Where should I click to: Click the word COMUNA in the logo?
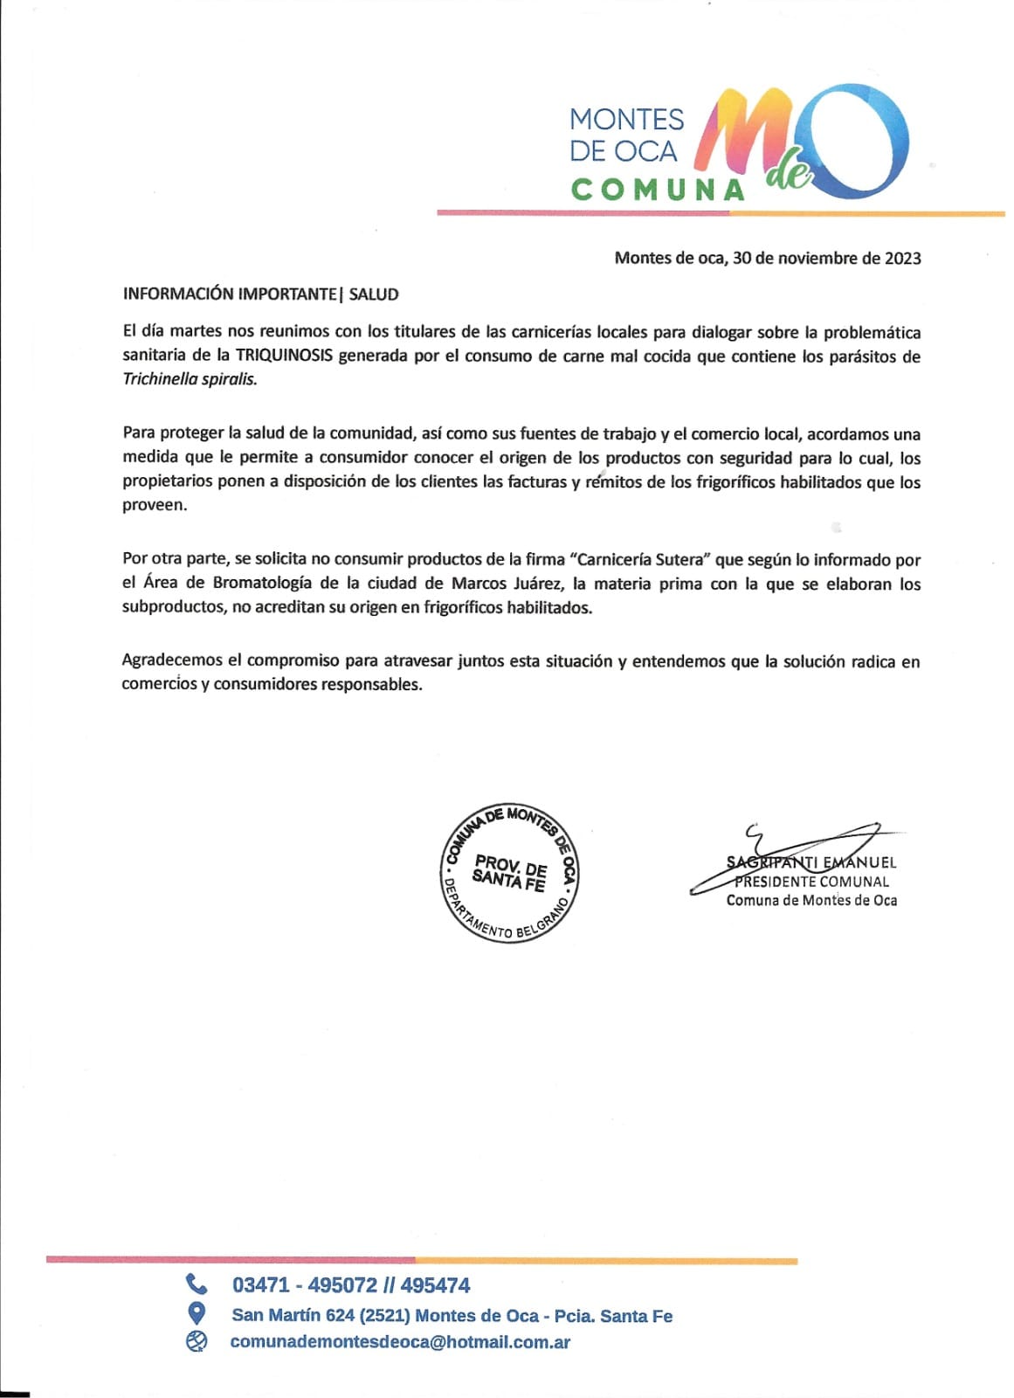coord(658,190)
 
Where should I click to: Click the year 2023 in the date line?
coord(902,258)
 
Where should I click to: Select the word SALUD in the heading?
coord(374,294)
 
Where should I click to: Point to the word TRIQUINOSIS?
coord(284,356)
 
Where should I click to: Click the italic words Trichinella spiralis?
coord(190,379)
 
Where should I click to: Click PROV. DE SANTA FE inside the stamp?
coord(510,873)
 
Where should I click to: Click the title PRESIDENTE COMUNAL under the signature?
coord(812,882)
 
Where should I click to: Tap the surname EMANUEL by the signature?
coord(860,862)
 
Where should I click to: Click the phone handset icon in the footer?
coord(197,1284)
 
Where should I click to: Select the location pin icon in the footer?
coord(197,1313)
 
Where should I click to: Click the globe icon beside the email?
coord(197,1341)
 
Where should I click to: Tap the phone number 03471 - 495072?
coord(305,1285)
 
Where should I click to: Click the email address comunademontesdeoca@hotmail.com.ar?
coord(400,1342)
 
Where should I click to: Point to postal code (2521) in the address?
coord(384,1316)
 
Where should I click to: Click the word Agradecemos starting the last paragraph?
coord(182,661)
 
